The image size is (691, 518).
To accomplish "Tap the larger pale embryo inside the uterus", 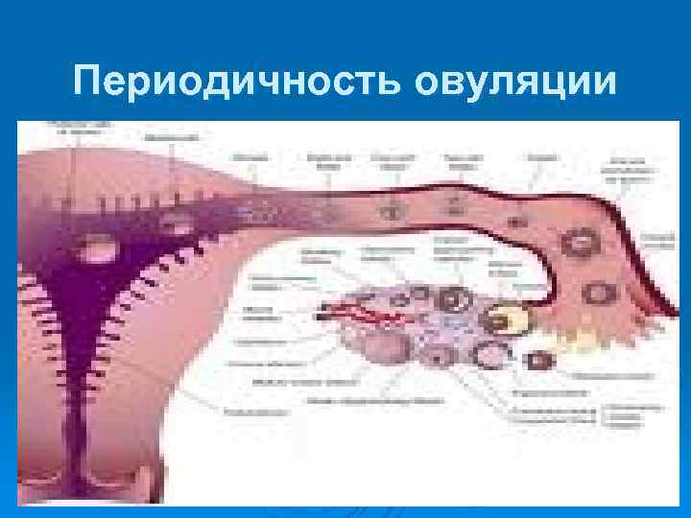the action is coord(96,248).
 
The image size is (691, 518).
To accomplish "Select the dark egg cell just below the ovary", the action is coord(541,361).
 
